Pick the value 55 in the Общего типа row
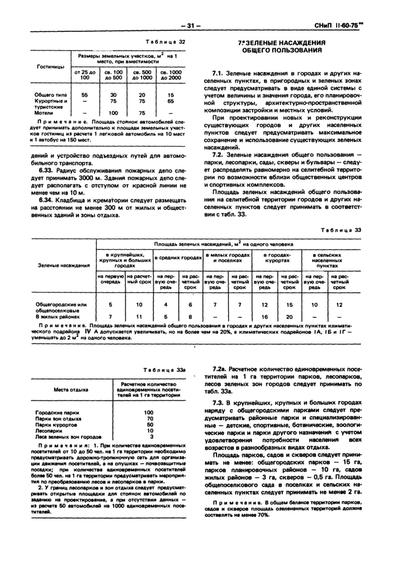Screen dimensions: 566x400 (x=84, y=94)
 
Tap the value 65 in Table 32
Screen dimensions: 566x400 (x=170, y=100)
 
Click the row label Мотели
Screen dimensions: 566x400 (x=44, y=113)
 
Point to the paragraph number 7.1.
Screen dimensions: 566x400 (x=217, y=74)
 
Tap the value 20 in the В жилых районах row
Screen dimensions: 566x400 (x=289, y=316)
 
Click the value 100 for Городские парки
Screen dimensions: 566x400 (x=149, y=412)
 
